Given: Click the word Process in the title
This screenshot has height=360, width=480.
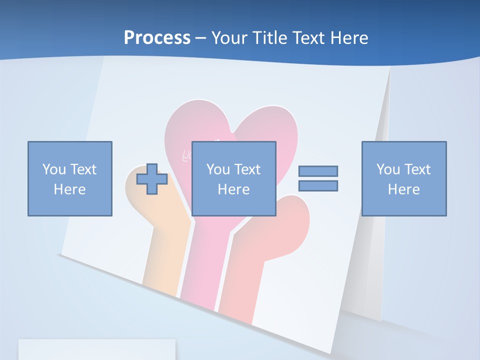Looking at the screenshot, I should (x=157, y=38).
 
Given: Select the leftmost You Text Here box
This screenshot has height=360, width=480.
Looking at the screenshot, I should (x=70, y=178).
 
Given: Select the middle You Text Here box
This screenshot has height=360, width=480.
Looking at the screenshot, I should (x=234, y=178).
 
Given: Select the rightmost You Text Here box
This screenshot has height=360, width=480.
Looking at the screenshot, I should (x=404, y=178).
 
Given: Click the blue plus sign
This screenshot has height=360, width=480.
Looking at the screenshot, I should (x=152, y=179).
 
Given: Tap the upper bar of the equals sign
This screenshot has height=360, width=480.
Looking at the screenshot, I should (x=318, y=171).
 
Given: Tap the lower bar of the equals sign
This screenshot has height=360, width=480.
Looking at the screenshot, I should (x=318, y=185).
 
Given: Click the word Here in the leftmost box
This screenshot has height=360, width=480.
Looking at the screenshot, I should (x=70, y=189).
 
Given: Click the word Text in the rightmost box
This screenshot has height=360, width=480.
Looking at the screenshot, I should (x=418, y=169).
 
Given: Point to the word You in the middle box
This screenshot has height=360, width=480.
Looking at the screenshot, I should (x=218, y=169).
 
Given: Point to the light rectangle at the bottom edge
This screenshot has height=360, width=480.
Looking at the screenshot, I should (x=97, y=349).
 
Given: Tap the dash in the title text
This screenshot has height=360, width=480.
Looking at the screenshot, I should (x=200, y=38).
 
